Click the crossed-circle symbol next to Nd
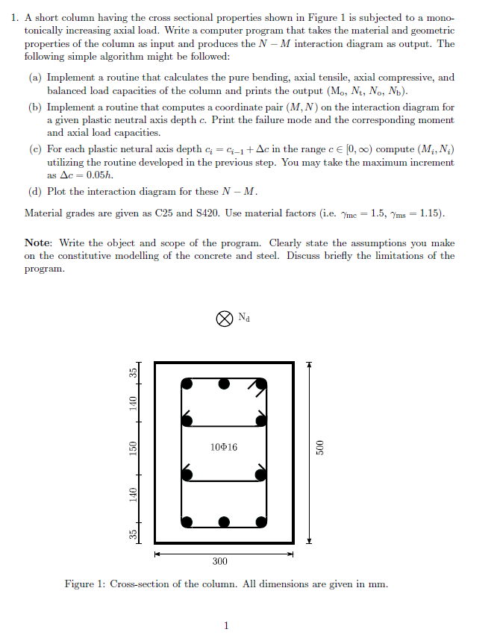pos(223,319)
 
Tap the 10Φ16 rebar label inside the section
pos(223,448)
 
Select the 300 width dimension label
pos(220,560)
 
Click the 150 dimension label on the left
pos(133,448)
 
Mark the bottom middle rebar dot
pos(223,521)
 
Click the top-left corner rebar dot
pos(187,384)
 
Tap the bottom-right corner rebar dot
pos(261,521)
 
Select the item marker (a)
pos(35,78)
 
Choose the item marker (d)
pos(35,192)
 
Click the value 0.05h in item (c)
pos(99,174)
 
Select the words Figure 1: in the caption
pos(85,584)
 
